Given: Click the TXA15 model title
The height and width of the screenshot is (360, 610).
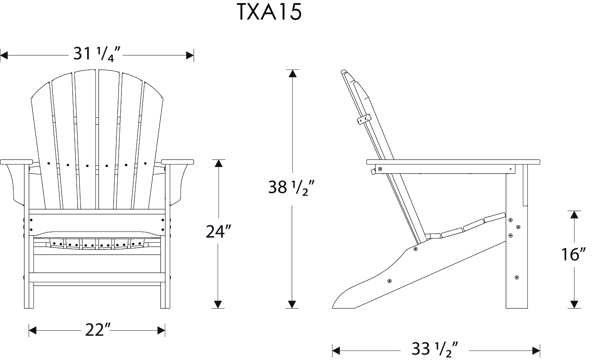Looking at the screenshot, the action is click(269, 12).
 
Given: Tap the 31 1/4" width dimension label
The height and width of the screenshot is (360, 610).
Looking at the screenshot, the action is click(97, 54).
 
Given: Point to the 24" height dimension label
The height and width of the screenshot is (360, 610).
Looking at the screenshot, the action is click(218, 231).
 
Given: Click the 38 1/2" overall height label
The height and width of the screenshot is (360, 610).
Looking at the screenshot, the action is click(292, 188).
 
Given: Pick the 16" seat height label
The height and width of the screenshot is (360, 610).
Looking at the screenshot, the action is click(574, 254).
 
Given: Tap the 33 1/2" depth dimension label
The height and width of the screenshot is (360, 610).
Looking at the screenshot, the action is click(435, 349).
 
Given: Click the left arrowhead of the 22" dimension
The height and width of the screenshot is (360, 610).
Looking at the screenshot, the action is click(33, 331).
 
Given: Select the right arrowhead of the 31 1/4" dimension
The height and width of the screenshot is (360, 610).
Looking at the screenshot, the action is click(190, 55).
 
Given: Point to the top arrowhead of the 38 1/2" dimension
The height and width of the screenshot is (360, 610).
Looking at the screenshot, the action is click(292, 74).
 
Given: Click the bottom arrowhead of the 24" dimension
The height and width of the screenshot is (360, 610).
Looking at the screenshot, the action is click(218, 304).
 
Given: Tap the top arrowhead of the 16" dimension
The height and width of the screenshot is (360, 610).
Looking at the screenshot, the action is click(574, 215).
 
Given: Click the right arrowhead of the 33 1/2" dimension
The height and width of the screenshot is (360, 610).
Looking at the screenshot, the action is click(536, 351).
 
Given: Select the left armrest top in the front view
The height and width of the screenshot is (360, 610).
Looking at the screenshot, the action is click(17, 162).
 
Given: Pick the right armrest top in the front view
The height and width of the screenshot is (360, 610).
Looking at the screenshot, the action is click(178, 162).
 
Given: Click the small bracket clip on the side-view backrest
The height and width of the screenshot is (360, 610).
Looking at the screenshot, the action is click(364, 119).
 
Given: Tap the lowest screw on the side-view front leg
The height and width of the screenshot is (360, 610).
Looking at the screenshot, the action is click(517, 277).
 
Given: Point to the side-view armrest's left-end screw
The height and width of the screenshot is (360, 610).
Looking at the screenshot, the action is click(380, 169).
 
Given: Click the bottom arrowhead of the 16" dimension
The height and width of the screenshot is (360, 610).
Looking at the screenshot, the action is click(574, 304).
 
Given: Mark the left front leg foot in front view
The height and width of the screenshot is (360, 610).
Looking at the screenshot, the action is click(29, 306).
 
